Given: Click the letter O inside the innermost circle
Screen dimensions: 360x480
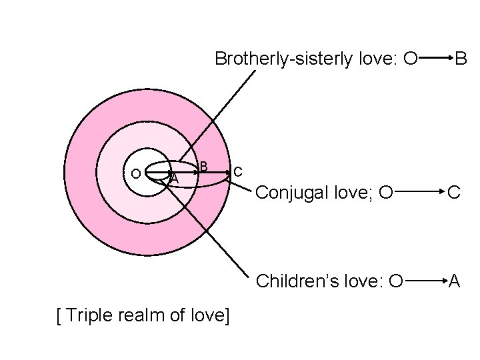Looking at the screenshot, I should tap(135, 174).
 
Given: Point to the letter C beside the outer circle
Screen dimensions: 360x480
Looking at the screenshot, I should tap(237, 172).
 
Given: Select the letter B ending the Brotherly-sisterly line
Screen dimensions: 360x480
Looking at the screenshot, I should tap(461, 59).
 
